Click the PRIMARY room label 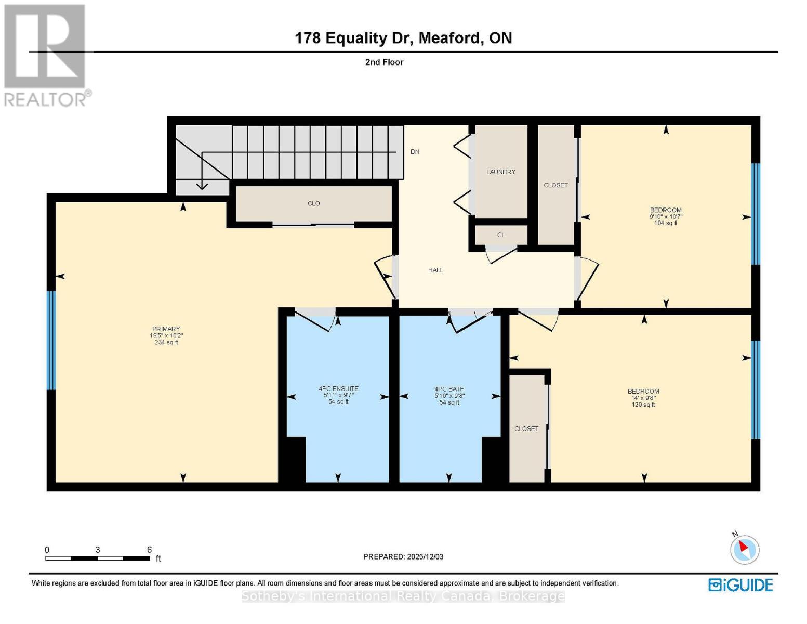[x=166, y=329]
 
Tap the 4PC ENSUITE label [x=338, y=389]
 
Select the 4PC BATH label [x=449, y=389]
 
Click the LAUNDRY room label [x=501, y=172]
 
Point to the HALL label [x=435, y=270]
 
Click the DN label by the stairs [x=415, y=152]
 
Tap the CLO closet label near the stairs [x=313, y=203]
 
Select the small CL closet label [x=501, y=235]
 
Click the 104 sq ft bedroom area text [x=666, y=223]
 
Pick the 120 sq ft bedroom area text [x=643, y=405]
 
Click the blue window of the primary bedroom [x=51, y=340]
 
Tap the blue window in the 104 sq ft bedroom [x=756, y=214]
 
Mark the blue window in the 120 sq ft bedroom [x=756, y=389]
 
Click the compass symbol [x=744, y=549]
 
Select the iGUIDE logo [x=740, y=585]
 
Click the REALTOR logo [x=46, y=55]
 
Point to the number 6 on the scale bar [x=149, y=550]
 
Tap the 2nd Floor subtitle [x=384, y=62]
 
